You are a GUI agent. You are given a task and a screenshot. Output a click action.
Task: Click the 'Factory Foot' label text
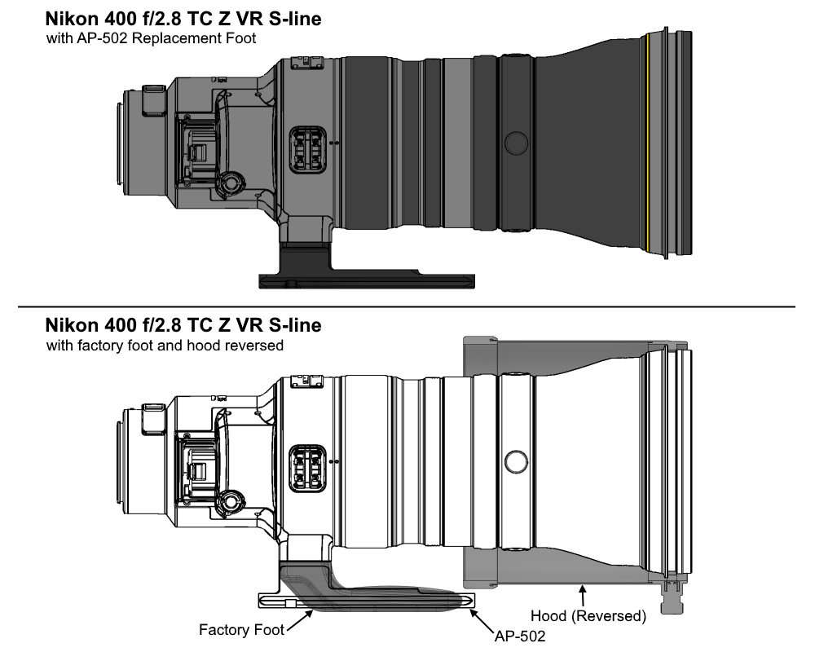241,629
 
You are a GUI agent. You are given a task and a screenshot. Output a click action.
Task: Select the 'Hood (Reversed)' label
588,616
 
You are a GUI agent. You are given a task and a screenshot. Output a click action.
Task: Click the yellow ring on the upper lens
645,142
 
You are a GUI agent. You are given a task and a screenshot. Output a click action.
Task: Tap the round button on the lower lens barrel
515,462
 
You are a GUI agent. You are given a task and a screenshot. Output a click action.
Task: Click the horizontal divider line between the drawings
407,307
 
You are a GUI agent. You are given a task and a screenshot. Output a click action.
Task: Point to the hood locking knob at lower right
674,604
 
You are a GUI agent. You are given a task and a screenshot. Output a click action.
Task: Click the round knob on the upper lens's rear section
230,180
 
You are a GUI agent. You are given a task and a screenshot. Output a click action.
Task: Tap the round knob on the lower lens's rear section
230,499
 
